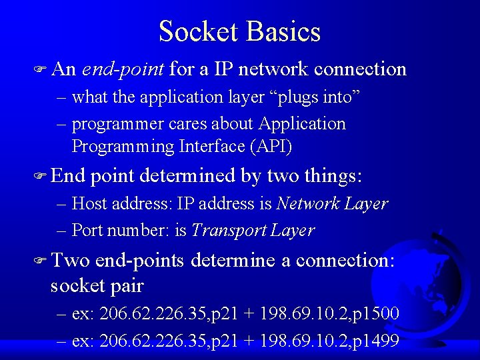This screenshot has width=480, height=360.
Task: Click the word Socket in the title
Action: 198,31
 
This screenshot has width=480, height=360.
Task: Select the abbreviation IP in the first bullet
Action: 224,69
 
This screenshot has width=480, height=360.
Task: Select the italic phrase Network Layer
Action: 332,203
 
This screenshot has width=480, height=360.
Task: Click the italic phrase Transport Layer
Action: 253,231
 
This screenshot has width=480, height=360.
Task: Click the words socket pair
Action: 97,286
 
